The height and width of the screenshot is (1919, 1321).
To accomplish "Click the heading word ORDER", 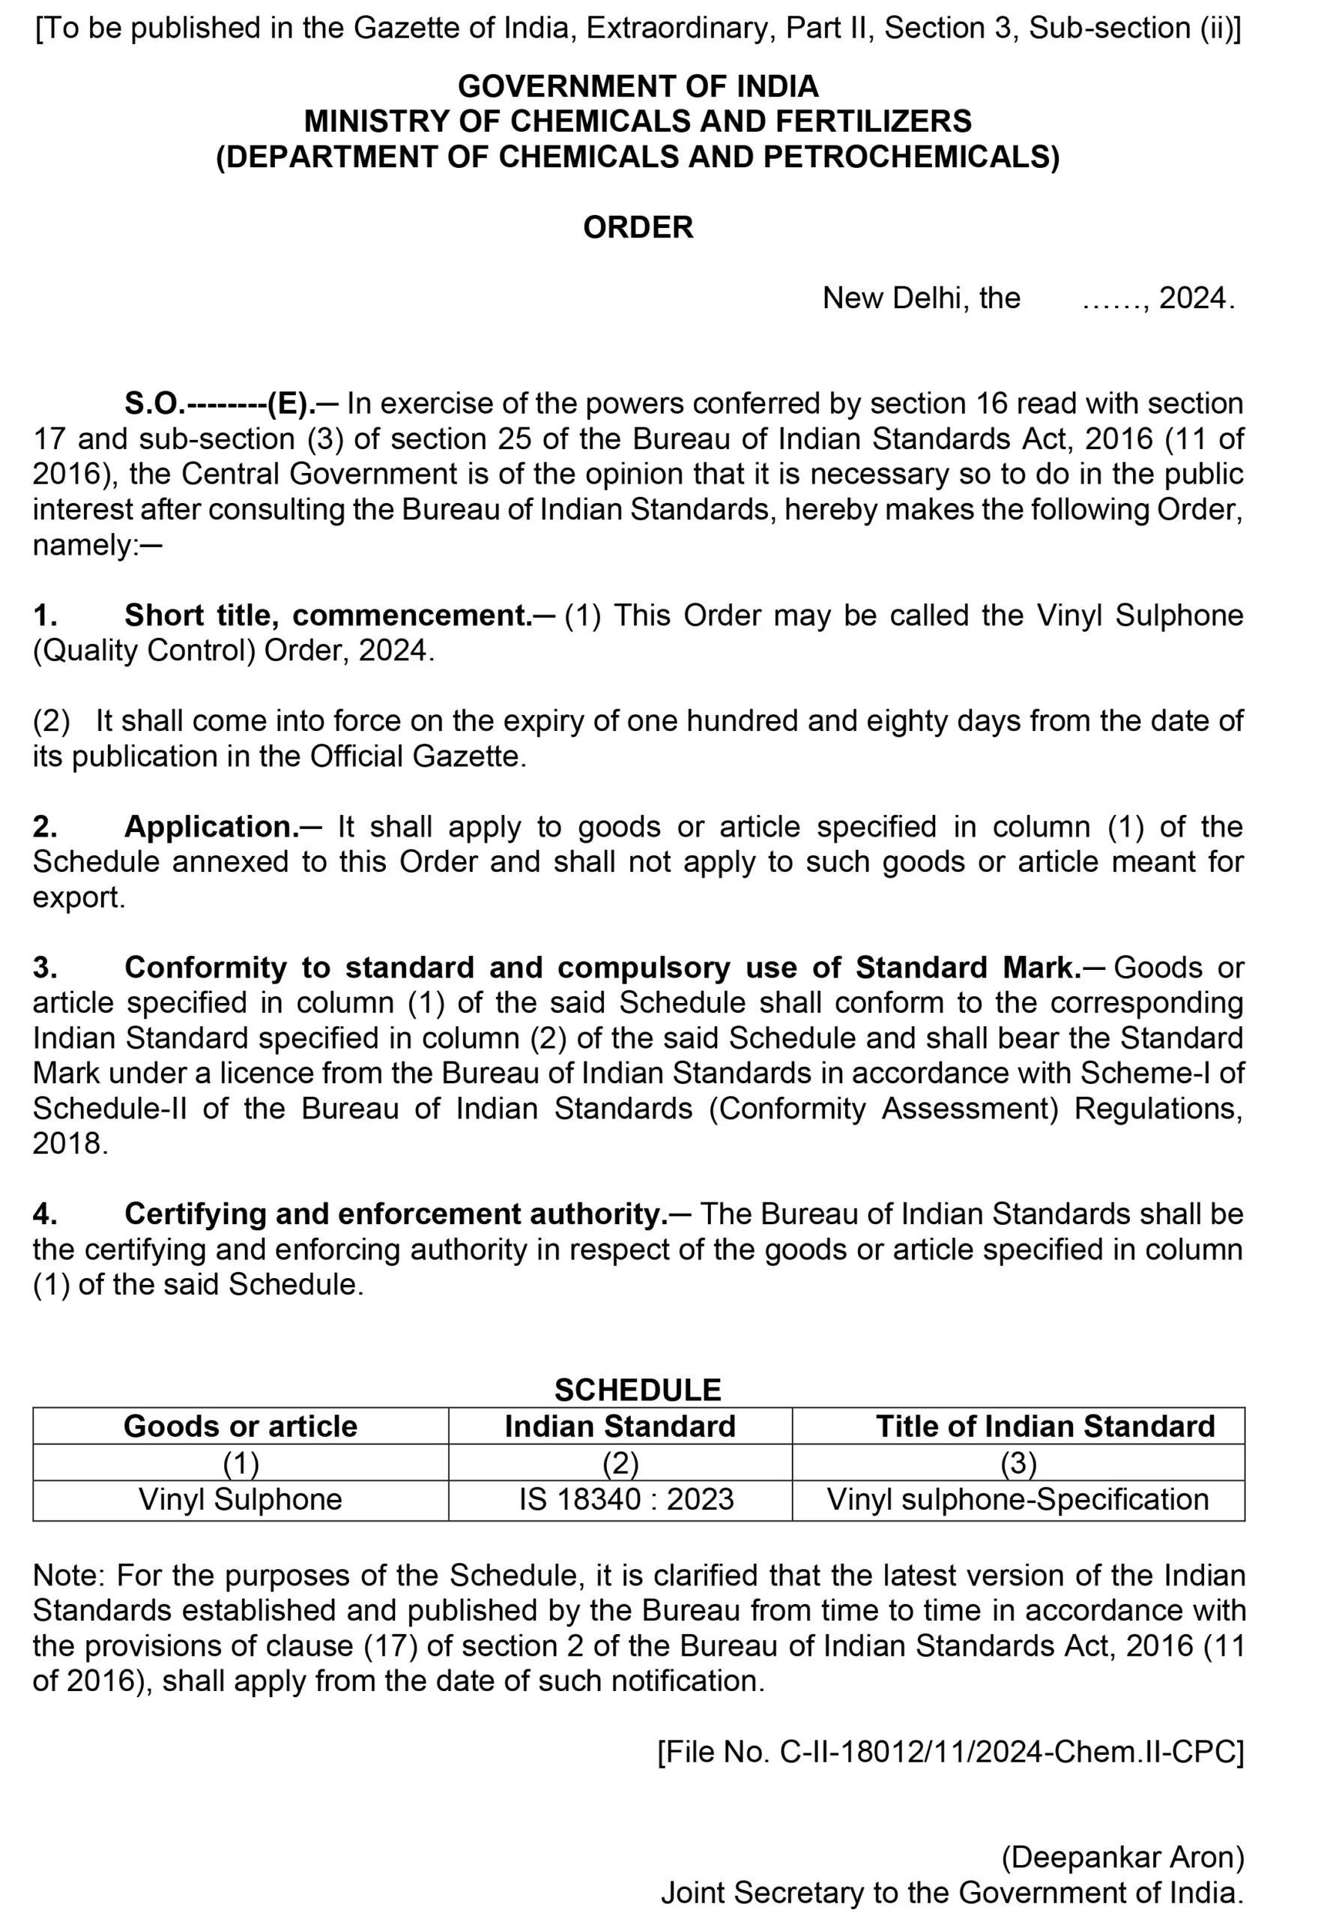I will pos(638,228).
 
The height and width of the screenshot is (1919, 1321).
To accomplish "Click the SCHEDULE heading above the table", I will pos(638,1389).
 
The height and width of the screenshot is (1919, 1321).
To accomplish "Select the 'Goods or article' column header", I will pos(240,1426).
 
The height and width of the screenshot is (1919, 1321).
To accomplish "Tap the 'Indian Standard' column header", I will pos(620,1426).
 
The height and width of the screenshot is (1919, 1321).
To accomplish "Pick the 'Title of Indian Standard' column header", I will pos(1045,1426).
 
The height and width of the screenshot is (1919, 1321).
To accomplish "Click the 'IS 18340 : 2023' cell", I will pos(626,1499).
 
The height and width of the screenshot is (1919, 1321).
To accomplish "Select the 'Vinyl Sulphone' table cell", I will pos(240,1499).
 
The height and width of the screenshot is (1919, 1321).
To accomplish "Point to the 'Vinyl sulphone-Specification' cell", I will pos(1018,1499).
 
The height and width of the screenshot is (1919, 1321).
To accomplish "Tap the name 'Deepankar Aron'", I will pos(1122,1857).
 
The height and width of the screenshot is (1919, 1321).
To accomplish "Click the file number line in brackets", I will pos(950,1752).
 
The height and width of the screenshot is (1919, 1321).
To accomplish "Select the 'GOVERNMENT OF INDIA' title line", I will pos(638,86).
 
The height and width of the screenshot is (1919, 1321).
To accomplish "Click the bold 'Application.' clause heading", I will pos(211,826).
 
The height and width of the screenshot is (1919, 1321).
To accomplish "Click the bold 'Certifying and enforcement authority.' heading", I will pos(396,1214).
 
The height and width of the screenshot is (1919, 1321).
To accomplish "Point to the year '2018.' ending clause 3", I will pos(70,1144).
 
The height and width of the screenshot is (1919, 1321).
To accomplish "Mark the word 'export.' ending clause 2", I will pos(79,897).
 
